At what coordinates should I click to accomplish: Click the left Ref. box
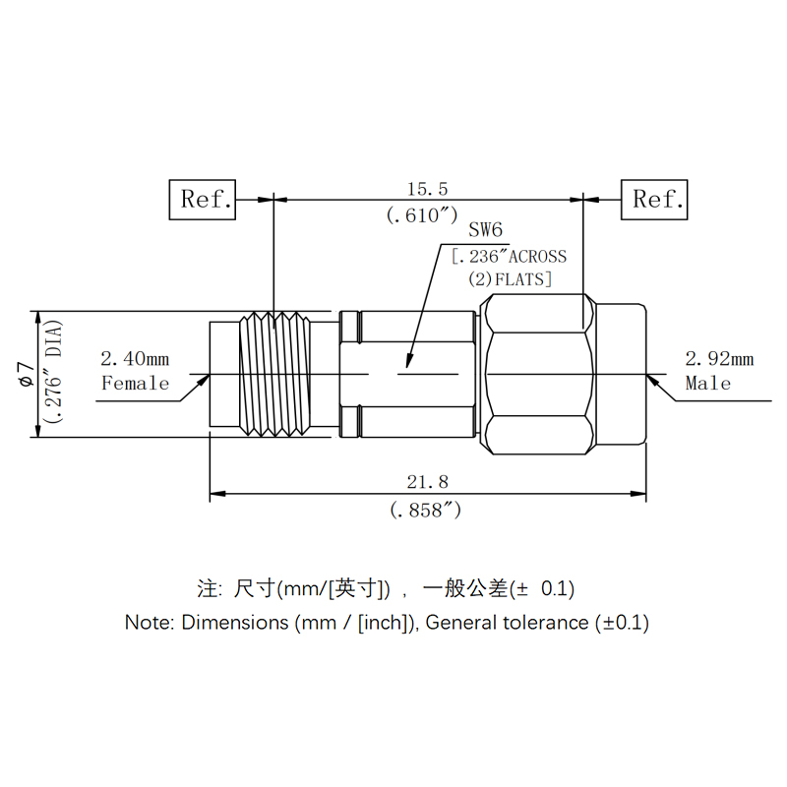203,200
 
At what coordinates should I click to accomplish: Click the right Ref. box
654,200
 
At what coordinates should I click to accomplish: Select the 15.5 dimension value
428,188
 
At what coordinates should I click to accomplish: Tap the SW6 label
485,231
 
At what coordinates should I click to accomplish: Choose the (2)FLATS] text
510,279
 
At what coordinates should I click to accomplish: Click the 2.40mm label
135,359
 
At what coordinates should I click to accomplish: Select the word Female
136,383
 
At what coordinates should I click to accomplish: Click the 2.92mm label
719,359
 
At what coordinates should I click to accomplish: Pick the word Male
708,383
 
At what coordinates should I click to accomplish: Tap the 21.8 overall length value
428,481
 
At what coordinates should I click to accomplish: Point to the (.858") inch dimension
425,510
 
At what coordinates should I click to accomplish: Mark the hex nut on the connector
538,374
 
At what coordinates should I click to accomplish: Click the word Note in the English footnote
148,622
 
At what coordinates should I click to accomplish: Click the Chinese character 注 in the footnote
209,589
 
